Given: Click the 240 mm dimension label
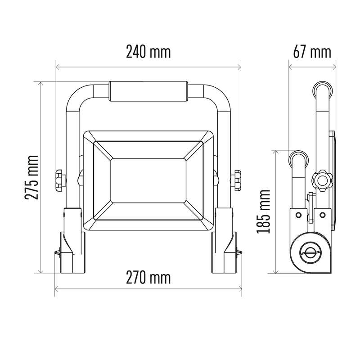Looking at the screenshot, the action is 148,52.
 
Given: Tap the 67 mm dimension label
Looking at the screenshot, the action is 312,52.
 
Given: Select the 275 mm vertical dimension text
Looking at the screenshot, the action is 31,177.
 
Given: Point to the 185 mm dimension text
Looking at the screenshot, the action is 264,211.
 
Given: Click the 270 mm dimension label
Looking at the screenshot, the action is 148,278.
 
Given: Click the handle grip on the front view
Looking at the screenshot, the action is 148,91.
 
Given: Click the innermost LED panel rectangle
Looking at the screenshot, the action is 148,180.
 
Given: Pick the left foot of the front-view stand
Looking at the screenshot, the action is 72,252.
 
